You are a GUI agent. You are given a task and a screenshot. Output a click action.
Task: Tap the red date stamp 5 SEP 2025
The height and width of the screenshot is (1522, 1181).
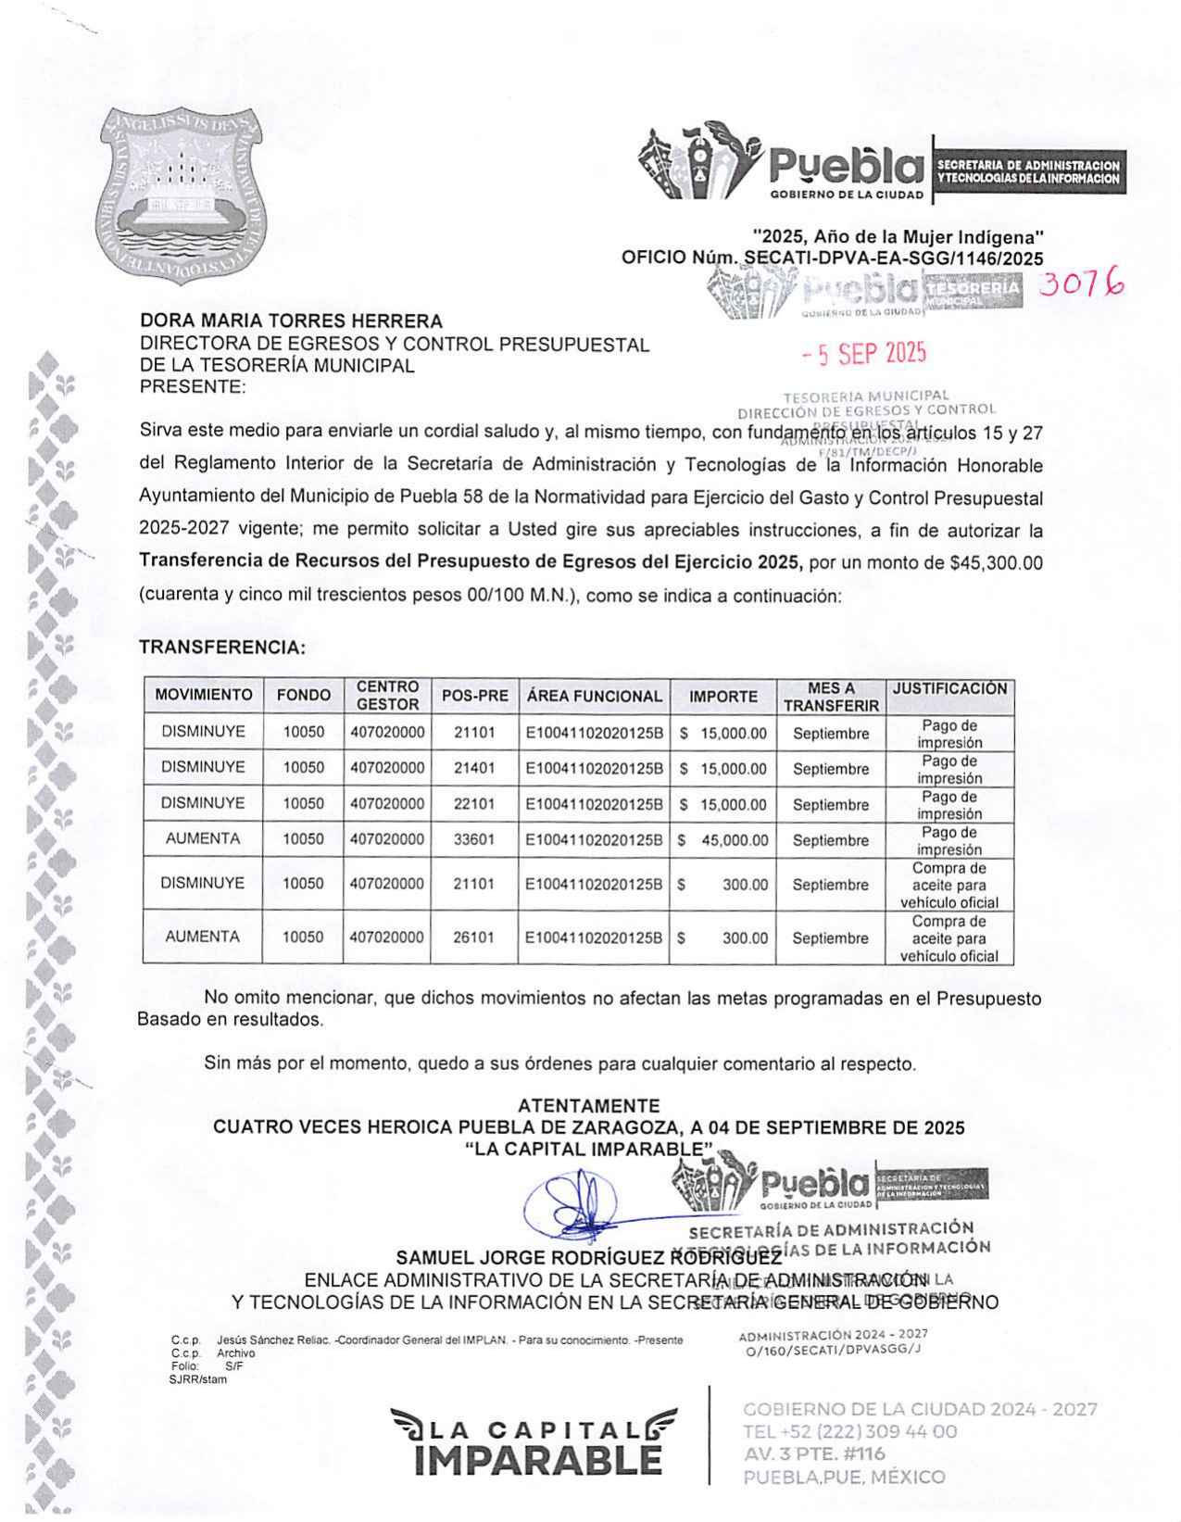click(x=863, y=353)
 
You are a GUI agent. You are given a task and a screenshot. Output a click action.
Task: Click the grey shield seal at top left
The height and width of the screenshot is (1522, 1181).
click(x=182, y=195)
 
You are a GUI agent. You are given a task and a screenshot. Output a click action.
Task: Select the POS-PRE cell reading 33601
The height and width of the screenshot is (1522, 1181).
click(x=473, y=839)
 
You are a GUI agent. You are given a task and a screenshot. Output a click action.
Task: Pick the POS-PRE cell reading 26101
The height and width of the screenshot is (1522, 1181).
click(x=473, y=937)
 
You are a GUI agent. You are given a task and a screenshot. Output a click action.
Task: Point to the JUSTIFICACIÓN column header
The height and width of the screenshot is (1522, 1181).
click(x=949, y=688)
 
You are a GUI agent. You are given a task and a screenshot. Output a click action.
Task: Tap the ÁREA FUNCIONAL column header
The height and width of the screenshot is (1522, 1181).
click(x=595, y=696)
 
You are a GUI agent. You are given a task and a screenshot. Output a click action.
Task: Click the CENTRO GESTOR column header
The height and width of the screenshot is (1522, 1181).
click(x=388, y=695)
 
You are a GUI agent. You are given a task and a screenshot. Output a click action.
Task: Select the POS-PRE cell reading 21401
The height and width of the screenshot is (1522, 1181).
click(x=474, y=768)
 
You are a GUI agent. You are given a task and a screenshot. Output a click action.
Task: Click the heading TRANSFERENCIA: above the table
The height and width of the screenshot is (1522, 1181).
click(x=222, y=648)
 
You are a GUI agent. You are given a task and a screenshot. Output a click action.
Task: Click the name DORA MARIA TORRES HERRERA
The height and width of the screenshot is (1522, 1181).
click(x=291, y=321)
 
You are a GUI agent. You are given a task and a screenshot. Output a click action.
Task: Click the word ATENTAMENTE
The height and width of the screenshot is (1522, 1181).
click(x=588, y=1105)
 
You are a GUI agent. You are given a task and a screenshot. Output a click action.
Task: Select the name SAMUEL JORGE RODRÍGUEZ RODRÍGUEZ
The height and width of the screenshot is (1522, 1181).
click(x=589, y=1258)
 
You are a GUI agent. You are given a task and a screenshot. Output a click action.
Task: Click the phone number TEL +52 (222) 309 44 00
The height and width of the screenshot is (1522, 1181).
click(x=849, y=1432)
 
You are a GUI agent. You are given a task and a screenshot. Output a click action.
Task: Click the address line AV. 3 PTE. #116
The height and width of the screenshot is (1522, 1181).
click(x=814, y=1454)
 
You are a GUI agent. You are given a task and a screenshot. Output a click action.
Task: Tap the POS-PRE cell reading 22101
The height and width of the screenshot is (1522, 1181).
click(x=474, y=803)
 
